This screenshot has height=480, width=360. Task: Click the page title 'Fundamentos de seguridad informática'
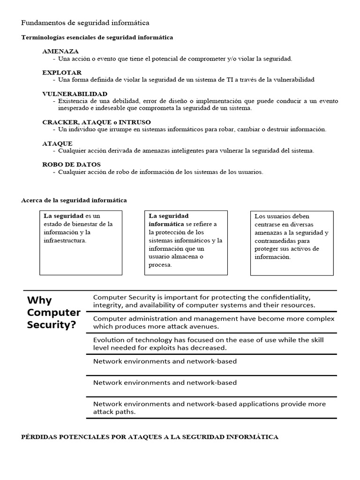[x=85, y=22]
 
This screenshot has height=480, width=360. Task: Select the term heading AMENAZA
[x=60, y=51]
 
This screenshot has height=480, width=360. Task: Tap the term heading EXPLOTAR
[x=62, y=73]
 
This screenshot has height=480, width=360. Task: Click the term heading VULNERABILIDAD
[x=75, y=94]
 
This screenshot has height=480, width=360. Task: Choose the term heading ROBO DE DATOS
[x=71, y=165]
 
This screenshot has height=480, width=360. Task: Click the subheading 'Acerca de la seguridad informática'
[x=74, y=200]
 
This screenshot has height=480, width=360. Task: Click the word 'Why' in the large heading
[x=39, y=300]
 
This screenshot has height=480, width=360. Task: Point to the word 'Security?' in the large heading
[x=52, y=325]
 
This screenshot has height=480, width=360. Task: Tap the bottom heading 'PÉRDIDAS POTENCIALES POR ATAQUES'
[x=150, y=437]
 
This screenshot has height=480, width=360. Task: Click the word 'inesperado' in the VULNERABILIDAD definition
[x=74, y=108]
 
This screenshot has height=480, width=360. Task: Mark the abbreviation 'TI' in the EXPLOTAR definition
[x=224, y=80]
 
